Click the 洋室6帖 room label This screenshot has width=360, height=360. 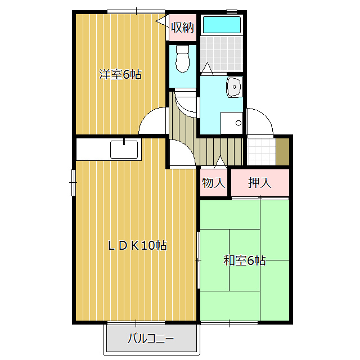pos(120,74)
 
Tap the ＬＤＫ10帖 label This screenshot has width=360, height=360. pos(137,246)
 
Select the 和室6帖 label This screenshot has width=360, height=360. pos(244,260)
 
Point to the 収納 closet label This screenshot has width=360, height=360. pos(183,27)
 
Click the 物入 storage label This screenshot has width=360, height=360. pos(214,183)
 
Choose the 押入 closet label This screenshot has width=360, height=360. pos(259,183)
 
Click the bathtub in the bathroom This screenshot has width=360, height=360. pos(222,25)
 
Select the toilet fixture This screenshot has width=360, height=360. pos(183,60)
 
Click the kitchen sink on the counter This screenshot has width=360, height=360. pos(124,150)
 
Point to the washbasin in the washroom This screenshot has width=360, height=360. pos(234,87)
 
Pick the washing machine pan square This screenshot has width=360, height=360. pos(231,123)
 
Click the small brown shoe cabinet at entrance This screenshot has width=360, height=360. pos(283,150)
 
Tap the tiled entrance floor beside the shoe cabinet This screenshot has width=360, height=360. pos(262,150)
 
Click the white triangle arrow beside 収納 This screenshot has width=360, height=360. pos(161,22)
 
